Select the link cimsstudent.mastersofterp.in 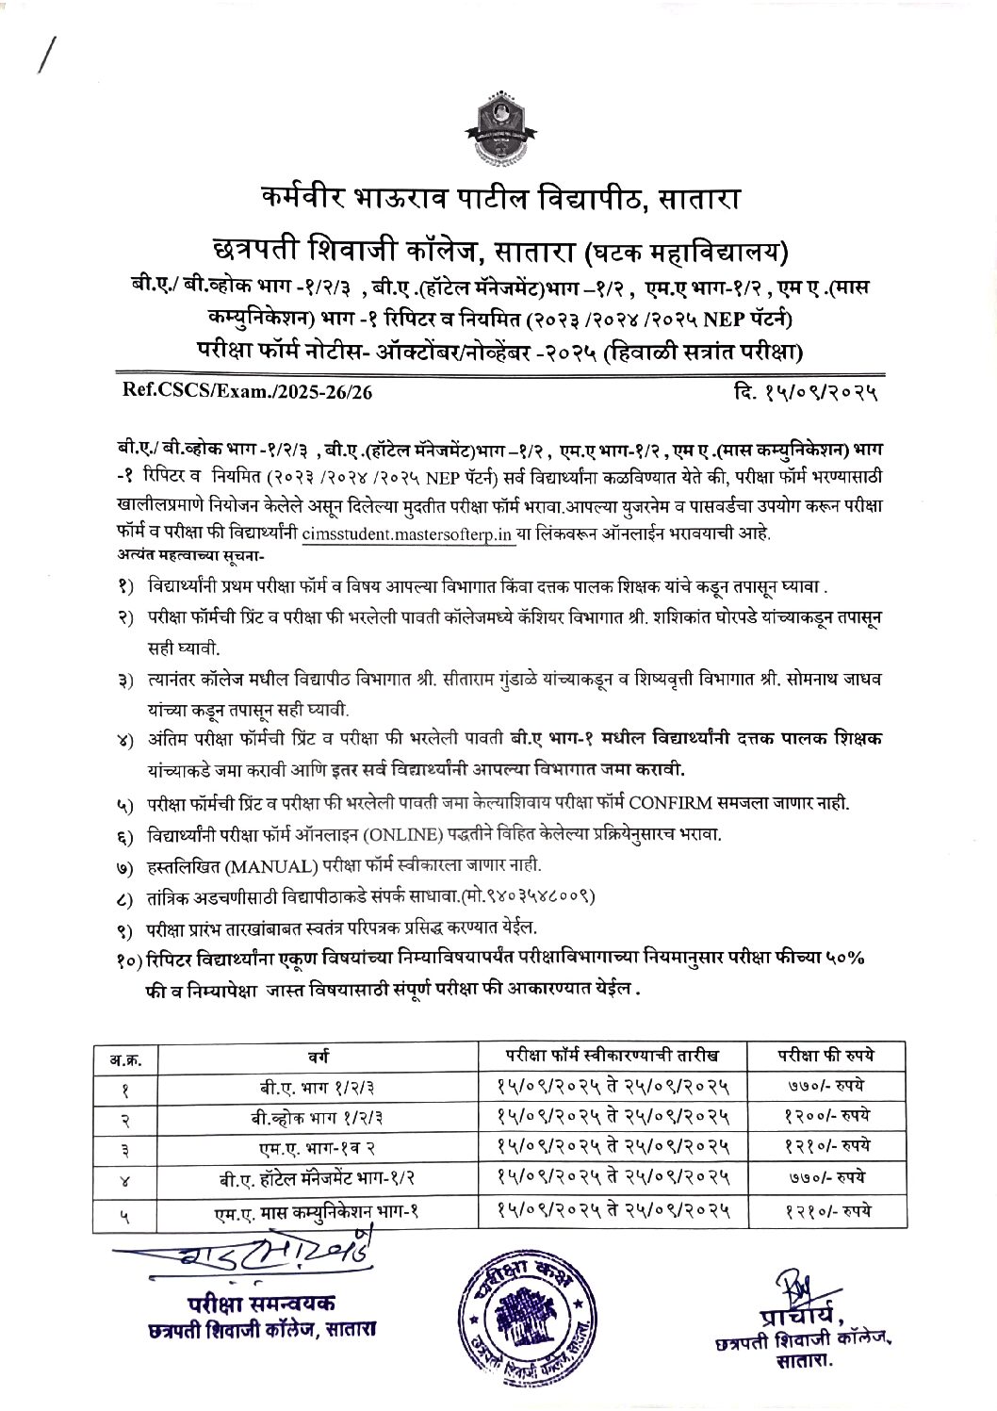pos(410,533)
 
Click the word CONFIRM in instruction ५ pos(676,804)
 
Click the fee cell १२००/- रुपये pos(813,1114)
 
